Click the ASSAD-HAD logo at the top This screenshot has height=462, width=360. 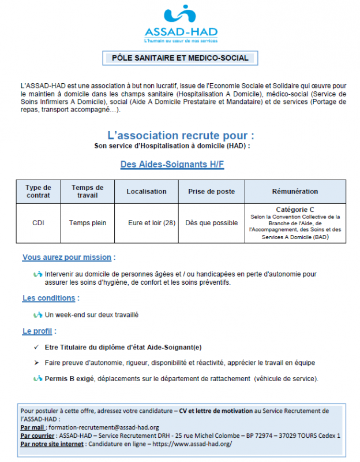pos(181,25)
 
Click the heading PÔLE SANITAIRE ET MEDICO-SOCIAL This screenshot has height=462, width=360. pos(181,58)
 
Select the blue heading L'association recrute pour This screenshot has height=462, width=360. pos(181,135)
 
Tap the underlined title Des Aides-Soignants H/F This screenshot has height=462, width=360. pos(172,165)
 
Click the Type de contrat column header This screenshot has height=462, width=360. pos(38,191)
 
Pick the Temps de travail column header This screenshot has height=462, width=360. pos(87,191)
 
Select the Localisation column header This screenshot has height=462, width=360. pos(147,192)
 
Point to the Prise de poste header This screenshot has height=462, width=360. pos(211,192)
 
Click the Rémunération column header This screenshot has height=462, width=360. pos(295,192)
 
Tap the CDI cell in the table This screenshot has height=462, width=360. pos(38,223)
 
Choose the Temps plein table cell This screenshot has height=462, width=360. pos(88,223)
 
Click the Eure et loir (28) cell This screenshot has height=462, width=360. pos(152,223)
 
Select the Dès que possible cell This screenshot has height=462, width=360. pos(211,223)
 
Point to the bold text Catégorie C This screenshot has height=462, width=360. pos(295,209)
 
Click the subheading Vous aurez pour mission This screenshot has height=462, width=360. pos(67,258)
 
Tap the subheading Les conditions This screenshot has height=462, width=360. pos(49,298)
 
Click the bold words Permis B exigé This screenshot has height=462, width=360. pos(70,378)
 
